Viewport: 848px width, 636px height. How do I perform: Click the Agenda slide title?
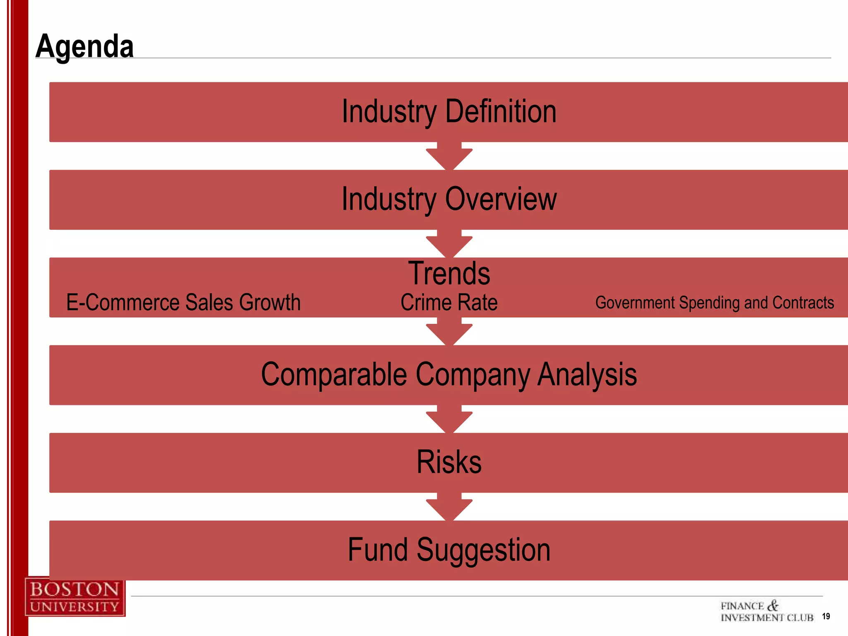click(x=84, y=46)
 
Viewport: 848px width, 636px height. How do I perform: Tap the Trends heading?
click(x=449, y=273)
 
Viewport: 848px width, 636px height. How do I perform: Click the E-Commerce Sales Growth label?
click(x=183, y=302)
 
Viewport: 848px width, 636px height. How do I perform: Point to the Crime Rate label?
click(x=449, y=302)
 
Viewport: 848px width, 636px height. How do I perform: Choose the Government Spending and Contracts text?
click(x=714, y=303)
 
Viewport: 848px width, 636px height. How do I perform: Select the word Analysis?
click(x=587, y=374)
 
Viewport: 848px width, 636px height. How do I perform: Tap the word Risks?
click(x=449, y=462)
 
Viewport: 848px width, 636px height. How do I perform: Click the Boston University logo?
click(x=75, y=597)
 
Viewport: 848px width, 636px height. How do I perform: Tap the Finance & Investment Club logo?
click(x=766, y=612)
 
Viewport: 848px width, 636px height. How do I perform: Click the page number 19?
click(x=826, y=617)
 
